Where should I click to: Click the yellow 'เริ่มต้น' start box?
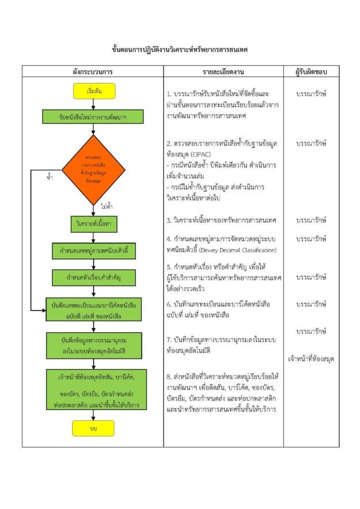click(x=94, y=91)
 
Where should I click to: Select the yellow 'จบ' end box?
click(x=93, y=428)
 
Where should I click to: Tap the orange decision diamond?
click(x=93, y=162)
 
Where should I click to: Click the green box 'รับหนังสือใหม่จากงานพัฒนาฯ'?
click(x=93, y=116)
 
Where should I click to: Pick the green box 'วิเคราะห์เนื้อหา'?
click(x=93, y=222)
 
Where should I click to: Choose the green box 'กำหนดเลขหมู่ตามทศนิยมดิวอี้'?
click(x=93, y=250)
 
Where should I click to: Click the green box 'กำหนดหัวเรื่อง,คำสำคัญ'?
click(x=93, y=278)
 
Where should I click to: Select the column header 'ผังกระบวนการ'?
click(x=93, y=72)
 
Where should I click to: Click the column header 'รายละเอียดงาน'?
click(x=223, y=72)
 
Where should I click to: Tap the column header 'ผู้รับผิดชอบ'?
click(x=311, y=72)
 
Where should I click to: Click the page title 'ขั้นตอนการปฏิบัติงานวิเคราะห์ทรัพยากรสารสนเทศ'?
click(x=180, y=50)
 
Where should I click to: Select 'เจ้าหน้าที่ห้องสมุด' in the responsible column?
click(x=311, y=359)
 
